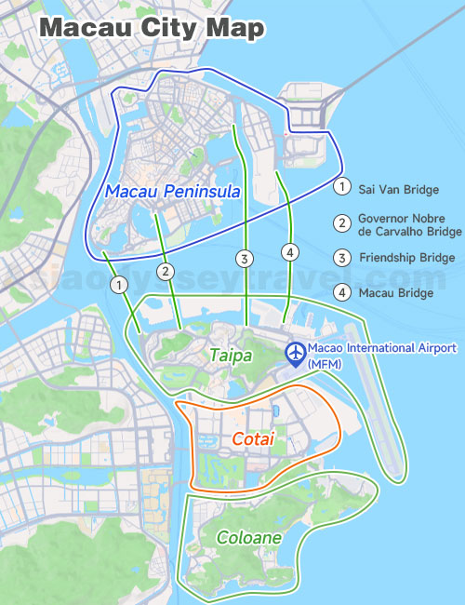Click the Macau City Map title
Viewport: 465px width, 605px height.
pyautogui.click(x=153, y=27)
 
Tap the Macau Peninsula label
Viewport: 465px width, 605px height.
pyautogui.click(x=173, y=191)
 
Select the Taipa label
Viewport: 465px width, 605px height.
pyautogui.click(x=229, y=355)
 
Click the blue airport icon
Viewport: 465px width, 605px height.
pyautogui.click(x=296, y=355)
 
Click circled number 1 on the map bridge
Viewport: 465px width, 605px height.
pyautogui.click(x=119, y=284)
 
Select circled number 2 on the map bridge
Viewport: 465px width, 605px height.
pyautogui.click(x=166, y=272)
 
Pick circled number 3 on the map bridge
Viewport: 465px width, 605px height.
pyautogui.click(x=245, y=258)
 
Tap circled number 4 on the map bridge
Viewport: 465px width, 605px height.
pyautogui.click(x=291, y=252)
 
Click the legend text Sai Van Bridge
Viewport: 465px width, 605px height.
pyautogui.click(x=398, y=190)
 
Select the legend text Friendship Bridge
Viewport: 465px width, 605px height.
pyautogui.click(x=407, y=258)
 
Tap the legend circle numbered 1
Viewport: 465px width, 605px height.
pyautogui.click(x=342, y=187)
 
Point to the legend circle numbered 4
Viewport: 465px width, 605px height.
pyautogui.click(x=342, y=292)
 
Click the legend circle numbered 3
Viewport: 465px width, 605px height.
pyautogui.click(x=342, y=258)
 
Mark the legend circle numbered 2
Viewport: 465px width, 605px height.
pyautogui.click(x=342, y=222)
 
